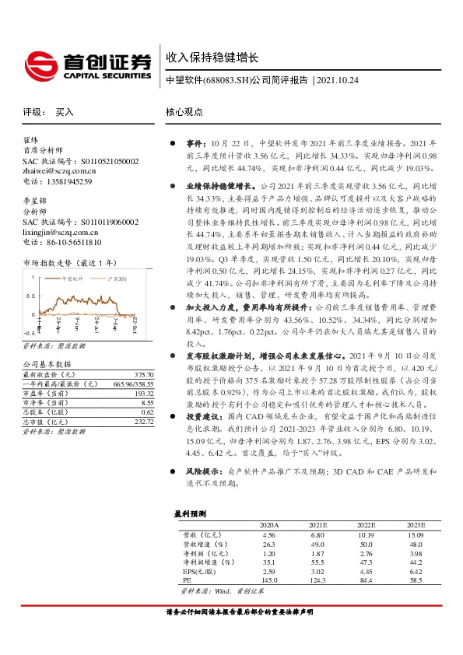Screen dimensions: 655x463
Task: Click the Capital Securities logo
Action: pos(86,65)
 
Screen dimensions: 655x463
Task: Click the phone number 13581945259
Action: pos(69,181)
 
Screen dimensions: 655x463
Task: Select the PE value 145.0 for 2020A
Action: pos(270,580)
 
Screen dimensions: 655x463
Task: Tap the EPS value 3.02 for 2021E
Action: pos(317,571)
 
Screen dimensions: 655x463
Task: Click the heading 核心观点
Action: pos(184,112)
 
